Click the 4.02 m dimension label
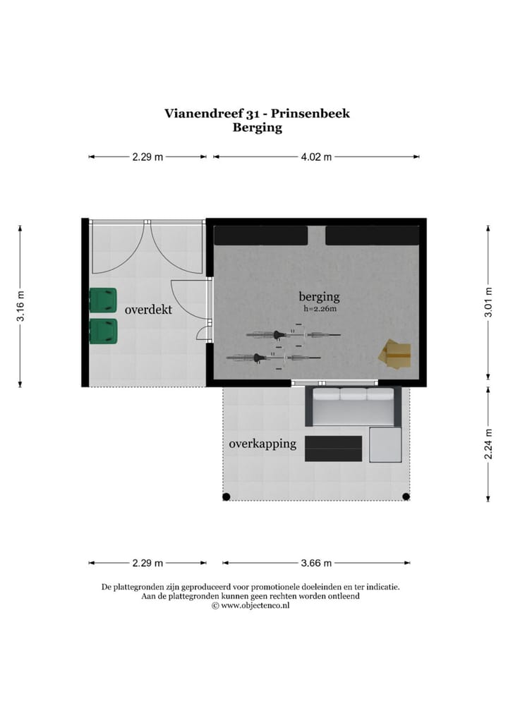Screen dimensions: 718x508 [x=315, y=157]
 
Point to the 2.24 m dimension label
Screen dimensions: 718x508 [x=488, y=444]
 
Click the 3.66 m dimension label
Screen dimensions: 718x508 [x=315, y=563]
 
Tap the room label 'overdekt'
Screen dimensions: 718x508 [x=148, y=310]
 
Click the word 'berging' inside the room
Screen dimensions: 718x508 [x=319, y=296]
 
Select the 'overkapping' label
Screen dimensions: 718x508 [x=262, y=444]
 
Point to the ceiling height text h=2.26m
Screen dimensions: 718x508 [x=320, y=309]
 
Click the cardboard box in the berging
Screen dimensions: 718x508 [x=395, y=354]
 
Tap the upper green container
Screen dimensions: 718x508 [x=103, y=300]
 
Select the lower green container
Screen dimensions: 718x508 [x=103, y=331]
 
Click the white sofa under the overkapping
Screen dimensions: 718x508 [x=353, y=407]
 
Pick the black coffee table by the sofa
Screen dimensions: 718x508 [x=333, y=449]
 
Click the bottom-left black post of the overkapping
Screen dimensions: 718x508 [x=226, y=497]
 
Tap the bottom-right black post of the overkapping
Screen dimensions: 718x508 [x=406, y=497]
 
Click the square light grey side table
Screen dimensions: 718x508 [x=385, y=444]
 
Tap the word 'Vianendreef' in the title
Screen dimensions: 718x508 [x=200, y=113]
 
